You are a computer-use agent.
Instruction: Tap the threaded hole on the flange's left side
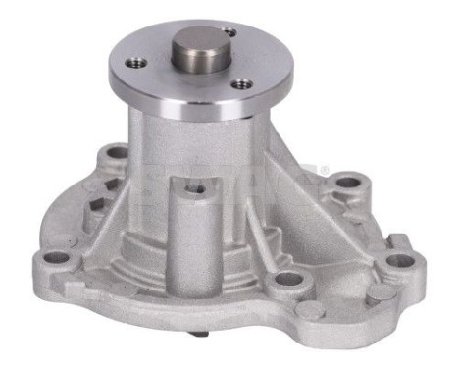(x=138, y=62)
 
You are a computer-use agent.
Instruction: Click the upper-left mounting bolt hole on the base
(x=116, y=153)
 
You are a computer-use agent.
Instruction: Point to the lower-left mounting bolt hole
(x=57, y=256)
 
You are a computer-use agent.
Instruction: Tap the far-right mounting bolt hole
(x=402, y=260)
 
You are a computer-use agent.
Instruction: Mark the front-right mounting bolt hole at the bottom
(x=285, y=281)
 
